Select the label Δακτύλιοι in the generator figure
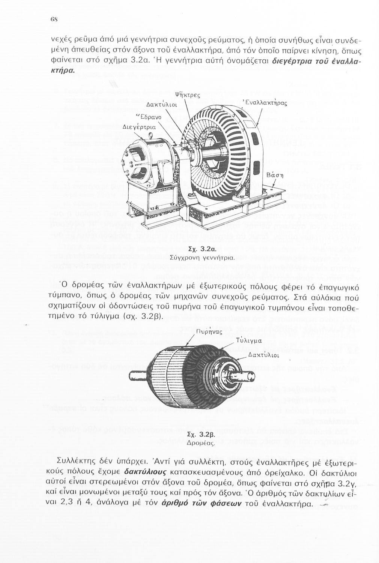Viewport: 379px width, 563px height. pos(159,104)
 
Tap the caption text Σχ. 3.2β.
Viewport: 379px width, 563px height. pos(200,435)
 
